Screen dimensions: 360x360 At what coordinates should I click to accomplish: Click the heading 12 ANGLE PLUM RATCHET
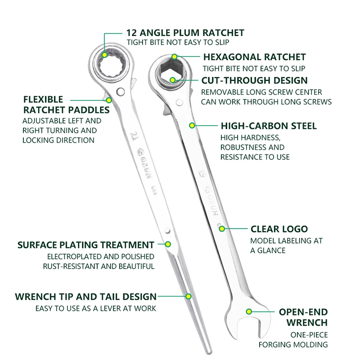(185, 33)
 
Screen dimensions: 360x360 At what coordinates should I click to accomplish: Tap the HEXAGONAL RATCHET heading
(254, 57)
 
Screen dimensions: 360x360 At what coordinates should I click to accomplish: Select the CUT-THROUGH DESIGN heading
(254, 81)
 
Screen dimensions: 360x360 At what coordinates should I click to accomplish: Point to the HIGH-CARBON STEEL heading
(268, 126)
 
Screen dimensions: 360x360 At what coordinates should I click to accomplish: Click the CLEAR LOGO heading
(279, 229)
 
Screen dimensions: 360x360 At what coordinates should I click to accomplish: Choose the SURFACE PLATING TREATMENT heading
(85, 245)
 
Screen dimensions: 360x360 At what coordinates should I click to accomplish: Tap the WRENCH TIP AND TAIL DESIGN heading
(85, 297)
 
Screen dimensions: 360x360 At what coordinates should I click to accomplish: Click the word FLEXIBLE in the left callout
(43, 99)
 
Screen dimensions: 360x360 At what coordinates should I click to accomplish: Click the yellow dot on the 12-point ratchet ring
(104, 54)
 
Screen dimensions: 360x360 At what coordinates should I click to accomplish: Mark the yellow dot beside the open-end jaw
(248, 311)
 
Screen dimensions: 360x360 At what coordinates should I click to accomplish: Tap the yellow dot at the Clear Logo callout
(222, 229)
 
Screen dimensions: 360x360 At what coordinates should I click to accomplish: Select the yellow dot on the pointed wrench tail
(189, 296)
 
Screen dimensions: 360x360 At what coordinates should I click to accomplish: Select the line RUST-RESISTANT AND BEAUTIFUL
(99, 266)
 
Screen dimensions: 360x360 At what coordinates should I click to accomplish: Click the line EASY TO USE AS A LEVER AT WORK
(96, 308)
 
